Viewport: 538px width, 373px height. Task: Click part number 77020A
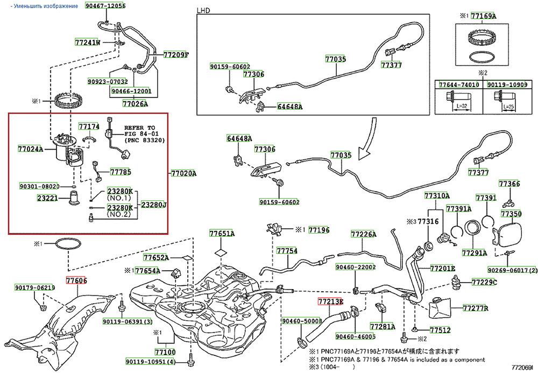(183, 173)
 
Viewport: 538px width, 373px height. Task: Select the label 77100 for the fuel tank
(165, 351)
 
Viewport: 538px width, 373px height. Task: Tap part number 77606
(76, 280)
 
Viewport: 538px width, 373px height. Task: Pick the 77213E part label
(330, 301)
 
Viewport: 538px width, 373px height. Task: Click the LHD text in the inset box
(203, 10)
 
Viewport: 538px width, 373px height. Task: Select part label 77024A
(30, 148)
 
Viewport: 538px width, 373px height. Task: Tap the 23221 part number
(48, 198)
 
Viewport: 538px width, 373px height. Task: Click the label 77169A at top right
(483, 16)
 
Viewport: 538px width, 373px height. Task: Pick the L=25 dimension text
(508, 108)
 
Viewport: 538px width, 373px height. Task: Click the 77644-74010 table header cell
(458, 85)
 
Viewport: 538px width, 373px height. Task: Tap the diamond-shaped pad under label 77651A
(221, 251)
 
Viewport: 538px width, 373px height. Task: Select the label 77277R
(476, 308)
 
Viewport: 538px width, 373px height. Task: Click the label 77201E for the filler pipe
(443, 268)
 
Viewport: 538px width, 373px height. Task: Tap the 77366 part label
(509, 184)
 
